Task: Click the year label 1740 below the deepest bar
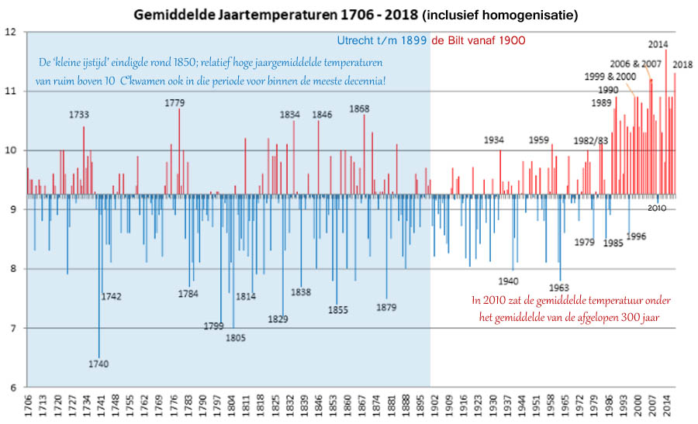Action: coord(98,364)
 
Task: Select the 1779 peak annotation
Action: coord(174,102)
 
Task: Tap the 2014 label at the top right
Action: coord(658,44)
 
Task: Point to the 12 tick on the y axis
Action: coord(10,32)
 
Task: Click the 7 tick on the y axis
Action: coord(12,328)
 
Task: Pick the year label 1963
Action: coord(558,288)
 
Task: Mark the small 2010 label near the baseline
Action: coord(657,208)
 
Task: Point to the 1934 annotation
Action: coord(494,140)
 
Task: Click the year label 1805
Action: coord(236,337)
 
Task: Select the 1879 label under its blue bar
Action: coord(386,307)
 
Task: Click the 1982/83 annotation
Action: coord(591,140)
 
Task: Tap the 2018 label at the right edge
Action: coord(683,64)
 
